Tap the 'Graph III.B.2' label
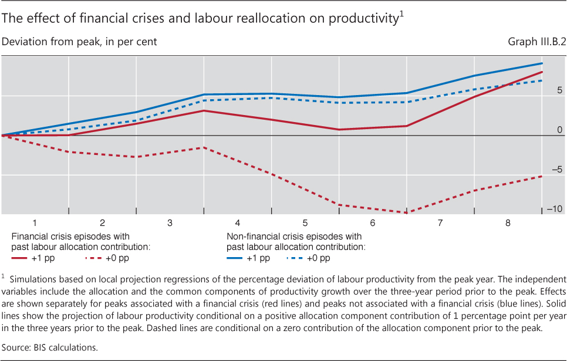533,42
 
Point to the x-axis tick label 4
237,223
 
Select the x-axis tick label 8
508,223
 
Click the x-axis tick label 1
35,223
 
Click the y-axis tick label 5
559,90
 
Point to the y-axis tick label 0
559,130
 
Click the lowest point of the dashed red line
406,212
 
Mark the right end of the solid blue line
541,63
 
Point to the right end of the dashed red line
541,176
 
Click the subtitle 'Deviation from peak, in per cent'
80,42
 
